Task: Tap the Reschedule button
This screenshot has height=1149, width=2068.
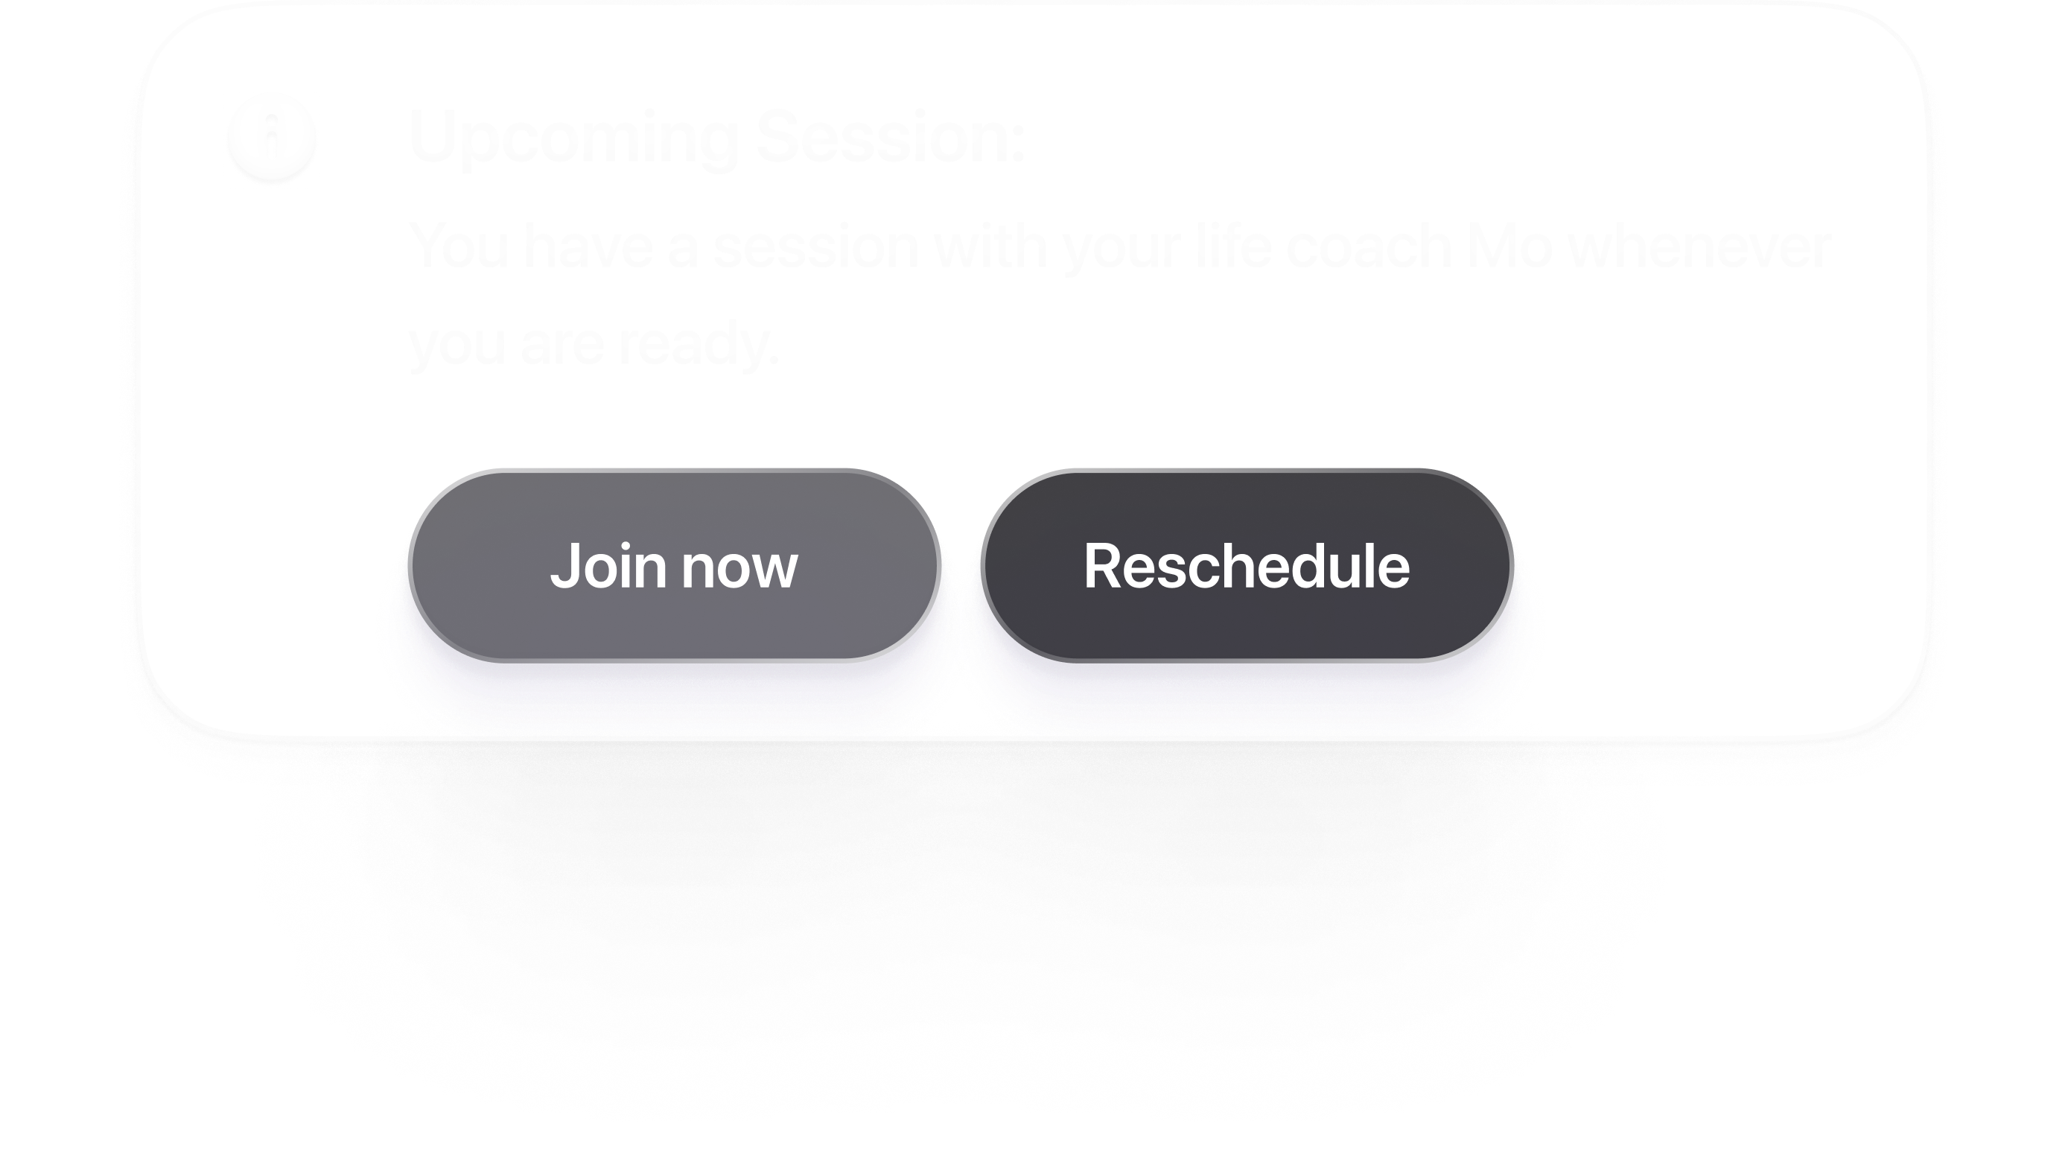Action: pyautogui.click(x=1247, y=566)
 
